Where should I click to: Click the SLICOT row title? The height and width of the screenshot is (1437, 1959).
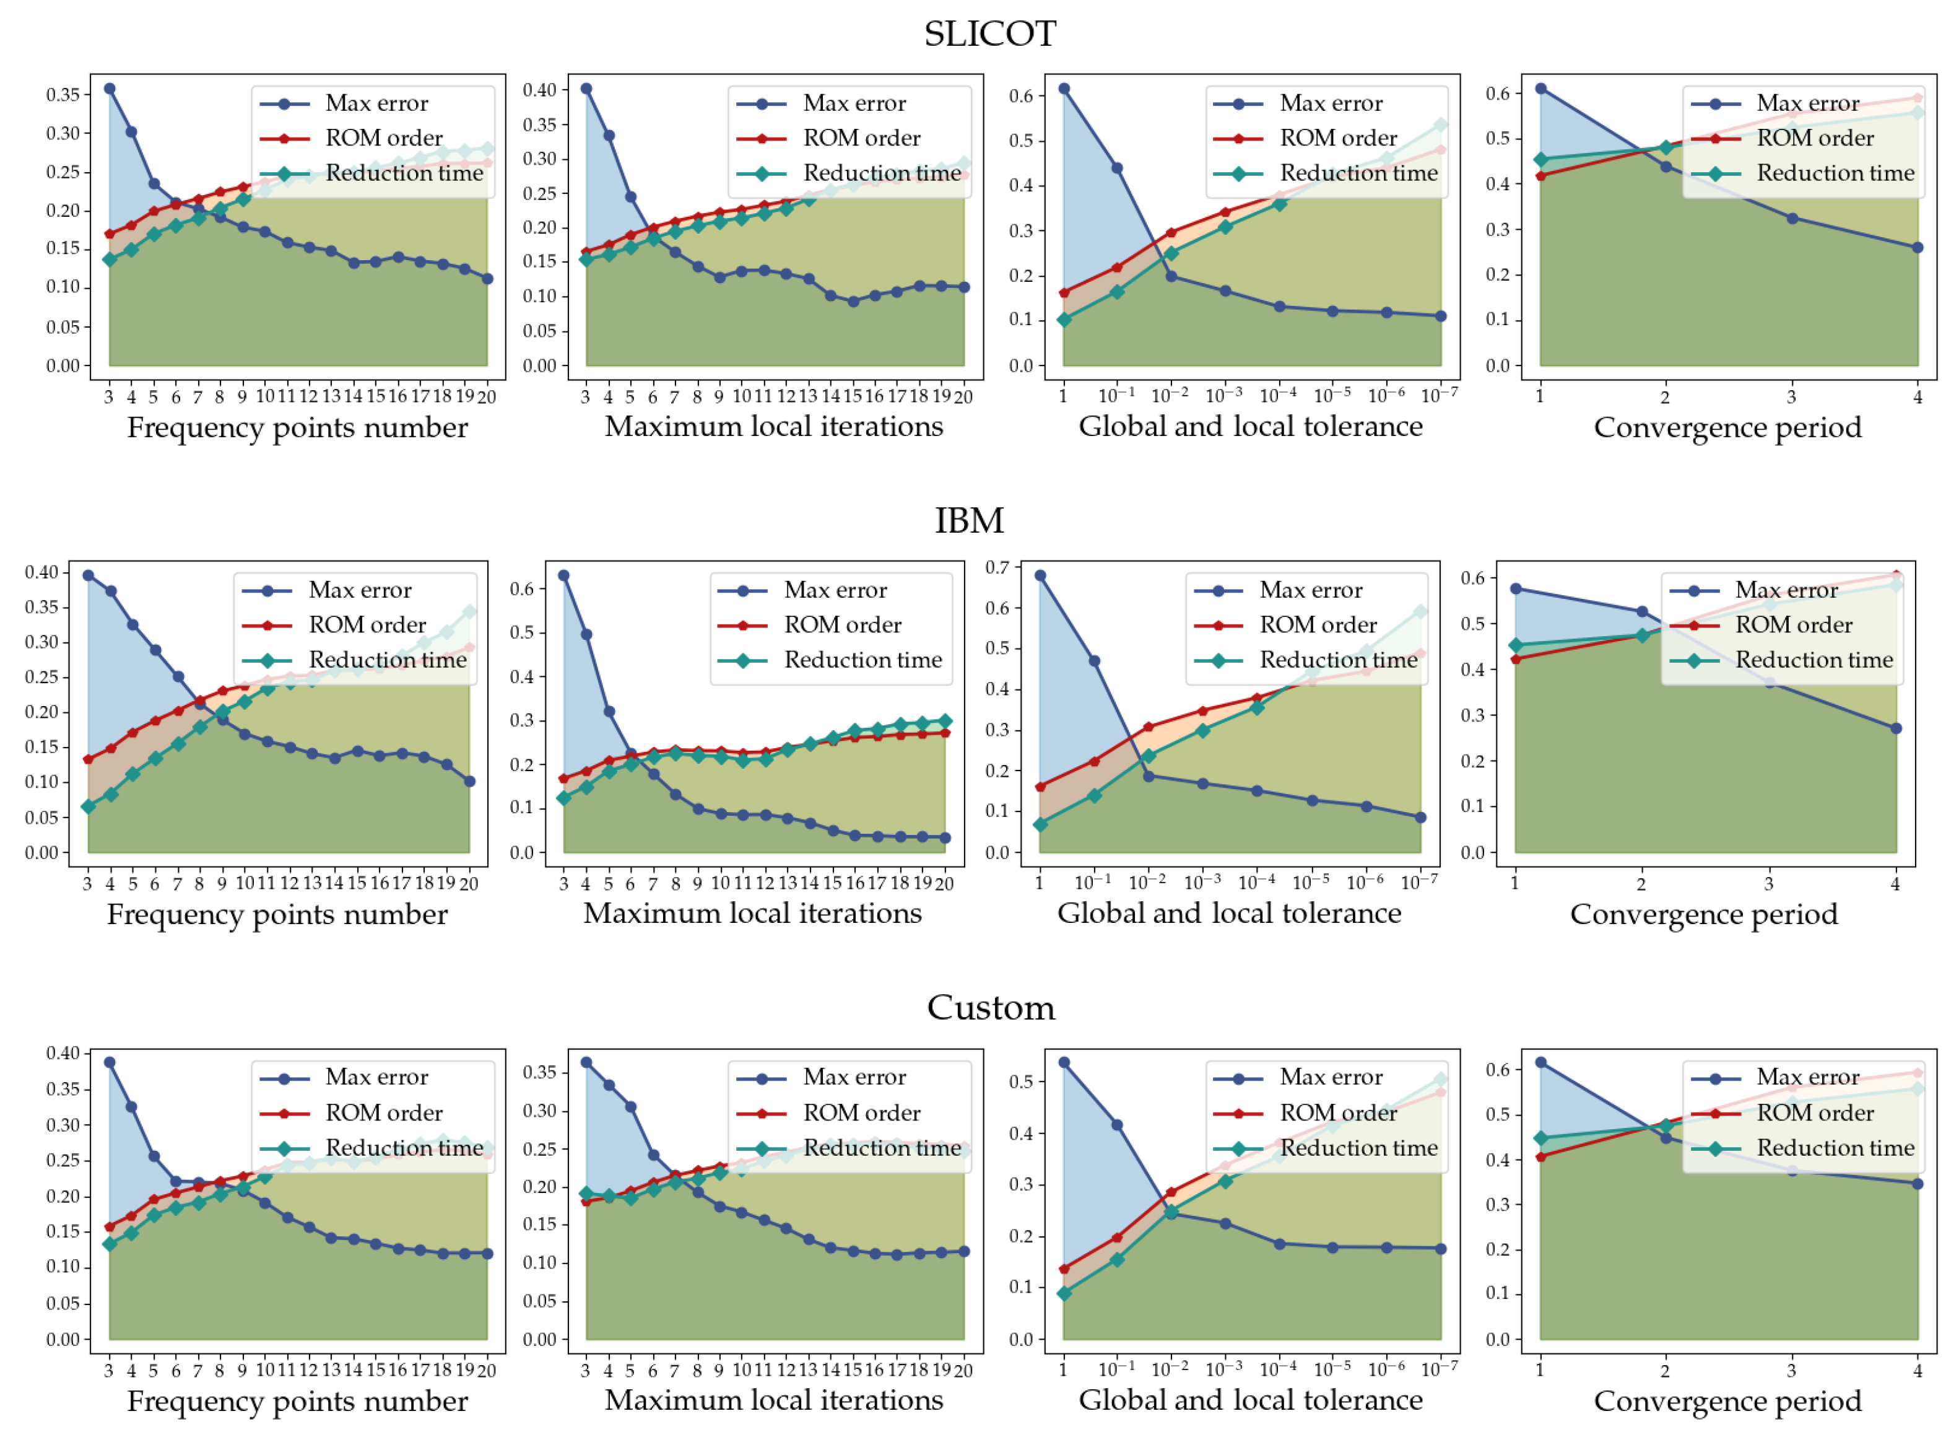coord(989,34)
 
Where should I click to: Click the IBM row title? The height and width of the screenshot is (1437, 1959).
coord(968,520)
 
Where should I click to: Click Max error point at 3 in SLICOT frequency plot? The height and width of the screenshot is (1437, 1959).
coord(110,89)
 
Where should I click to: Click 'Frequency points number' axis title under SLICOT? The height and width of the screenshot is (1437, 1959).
coord(297,427)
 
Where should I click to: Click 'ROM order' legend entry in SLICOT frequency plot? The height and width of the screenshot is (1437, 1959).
coord(383,138)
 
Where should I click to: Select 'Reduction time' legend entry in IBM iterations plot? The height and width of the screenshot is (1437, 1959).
coord(862,660)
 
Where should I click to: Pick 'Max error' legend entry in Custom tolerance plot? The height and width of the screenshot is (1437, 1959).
coord(1331,1077)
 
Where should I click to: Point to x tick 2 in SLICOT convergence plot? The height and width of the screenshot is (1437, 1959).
coord(1664,396)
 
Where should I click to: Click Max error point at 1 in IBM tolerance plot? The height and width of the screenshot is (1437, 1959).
coord(1040,576)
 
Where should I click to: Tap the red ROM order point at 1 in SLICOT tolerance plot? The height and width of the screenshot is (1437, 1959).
coord(1064,293)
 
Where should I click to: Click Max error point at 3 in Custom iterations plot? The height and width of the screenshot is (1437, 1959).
coord(586,1063)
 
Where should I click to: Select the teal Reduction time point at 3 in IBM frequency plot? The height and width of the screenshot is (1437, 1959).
coord(88,806)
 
